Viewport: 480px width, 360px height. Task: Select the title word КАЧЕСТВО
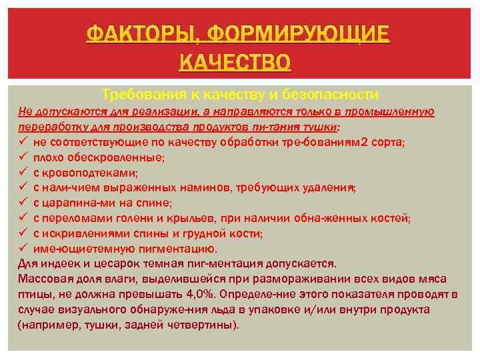coord(235,63)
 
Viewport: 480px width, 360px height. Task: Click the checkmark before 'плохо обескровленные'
coord(23,157)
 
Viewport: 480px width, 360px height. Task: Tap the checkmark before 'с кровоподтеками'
coord(23,172)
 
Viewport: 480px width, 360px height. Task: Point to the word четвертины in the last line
coord(204,325)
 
